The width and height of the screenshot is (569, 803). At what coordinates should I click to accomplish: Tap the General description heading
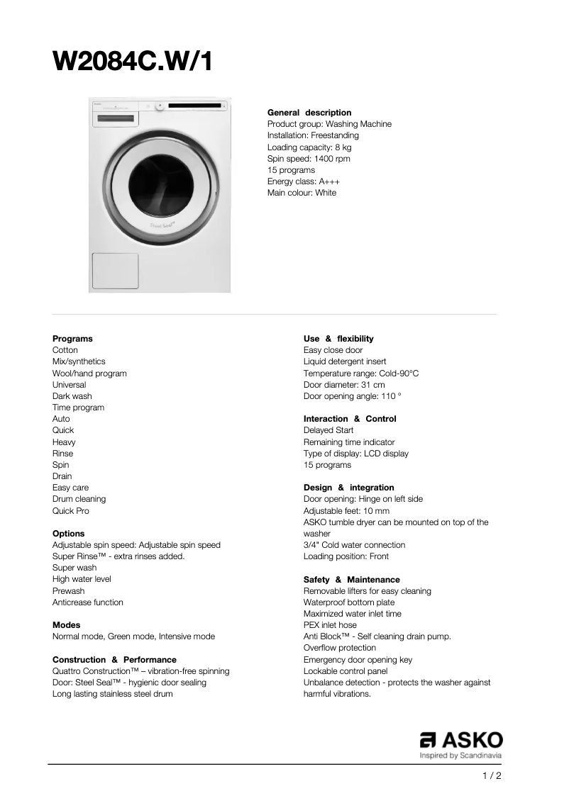point(309,113)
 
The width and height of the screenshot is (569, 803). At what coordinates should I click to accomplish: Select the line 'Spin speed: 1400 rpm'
point(309,159)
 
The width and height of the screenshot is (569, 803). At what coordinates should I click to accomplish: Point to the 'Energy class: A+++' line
point(303,181)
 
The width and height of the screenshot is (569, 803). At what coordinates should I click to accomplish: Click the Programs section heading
point(72,339)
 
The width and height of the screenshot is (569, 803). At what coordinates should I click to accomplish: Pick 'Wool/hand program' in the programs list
point(89,374)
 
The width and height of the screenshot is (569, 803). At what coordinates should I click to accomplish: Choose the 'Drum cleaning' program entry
point(79,499)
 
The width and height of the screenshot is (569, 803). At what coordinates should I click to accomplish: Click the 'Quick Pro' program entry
point(71,511)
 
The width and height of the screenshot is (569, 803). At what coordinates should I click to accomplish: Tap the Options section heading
point(68,534)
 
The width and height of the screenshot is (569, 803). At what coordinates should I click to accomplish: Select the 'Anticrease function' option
point(88,602)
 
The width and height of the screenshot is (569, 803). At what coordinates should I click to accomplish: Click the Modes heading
point(67,625)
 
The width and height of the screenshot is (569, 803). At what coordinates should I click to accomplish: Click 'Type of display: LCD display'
point(356,454)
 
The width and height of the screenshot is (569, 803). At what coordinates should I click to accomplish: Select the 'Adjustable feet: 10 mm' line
point(346,511)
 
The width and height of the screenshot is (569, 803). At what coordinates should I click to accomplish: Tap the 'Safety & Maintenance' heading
point(351,580)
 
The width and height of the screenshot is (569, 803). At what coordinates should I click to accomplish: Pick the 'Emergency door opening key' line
point(358,660)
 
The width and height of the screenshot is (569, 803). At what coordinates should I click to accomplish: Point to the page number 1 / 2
point(492,776)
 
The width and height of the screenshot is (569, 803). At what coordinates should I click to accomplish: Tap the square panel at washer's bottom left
point(115,271)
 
